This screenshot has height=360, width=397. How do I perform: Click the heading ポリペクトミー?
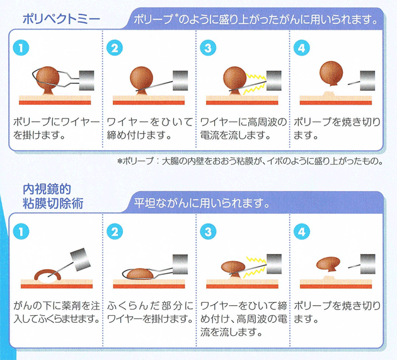[62, 20]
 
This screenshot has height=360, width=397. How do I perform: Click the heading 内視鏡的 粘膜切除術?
[53, 196]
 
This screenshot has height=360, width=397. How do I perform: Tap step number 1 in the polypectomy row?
[21, 48]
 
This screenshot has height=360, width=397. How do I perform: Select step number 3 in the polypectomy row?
[208, 48]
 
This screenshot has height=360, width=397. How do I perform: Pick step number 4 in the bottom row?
[302, 231]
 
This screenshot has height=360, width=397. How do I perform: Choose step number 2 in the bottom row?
[115, 231]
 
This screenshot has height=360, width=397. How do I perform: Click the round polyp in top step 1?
[48, 78]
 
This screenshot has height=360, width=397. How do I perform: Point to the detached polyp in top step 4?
[331, 74]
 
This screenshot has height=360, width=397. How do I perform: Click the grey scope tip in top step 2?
[180, 81]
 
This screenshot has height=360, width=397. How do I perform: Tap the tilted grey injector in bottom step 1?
[80, 259]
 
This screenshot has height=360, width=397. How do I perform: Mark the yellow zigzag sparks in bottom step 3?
[255, 266]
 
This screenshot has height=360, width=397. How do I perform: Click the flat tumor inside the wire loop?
[139, 274]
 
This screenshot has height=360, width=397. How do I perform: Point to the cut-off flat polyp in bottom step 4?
[328, 264]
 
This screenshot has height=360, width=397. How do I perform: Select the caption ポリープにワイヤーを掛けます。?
[56, 128]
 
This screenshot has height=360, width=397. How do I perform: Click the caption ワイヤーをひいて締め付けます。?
[149, 128]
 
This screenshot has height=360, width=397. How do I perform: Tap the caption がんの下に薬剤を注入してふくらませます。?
[56, 312]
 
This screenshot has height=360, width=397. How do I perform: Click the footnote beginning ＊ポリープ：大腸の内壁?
[250, 161]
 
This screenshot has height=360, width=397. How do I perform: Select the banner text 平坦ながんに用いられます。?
[202, 202]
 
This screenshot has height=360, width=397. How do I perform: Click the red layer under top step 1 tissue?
[55, 103]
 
